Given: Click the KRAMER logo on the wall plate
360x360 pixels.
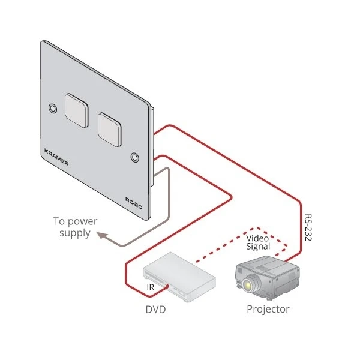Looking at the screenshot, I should tap(56, 158).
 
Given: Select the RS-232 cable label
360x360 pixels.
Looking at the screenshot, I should tap(308, 227).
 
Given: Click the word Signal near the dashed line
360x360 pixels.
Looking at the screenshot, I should tap(259, 246).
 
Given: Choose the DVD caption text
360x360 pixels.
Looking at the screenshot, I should tap(156, 310).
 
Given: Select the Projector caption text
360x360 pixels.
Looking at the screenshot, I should tap(268, 310).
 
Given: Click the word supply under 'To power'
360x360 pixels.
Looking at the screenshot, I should tap(75, 233).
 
